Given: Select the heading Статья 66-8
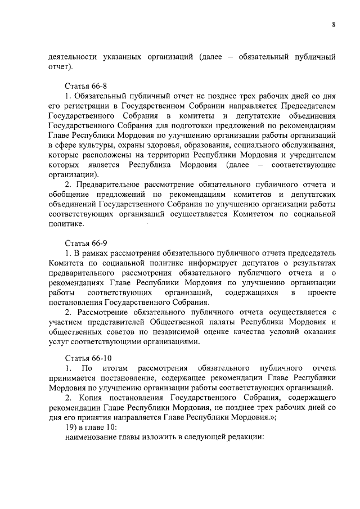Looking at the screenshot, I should coord(85,87).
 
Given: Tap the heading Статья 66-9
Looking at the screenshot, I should coord(85,244).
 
